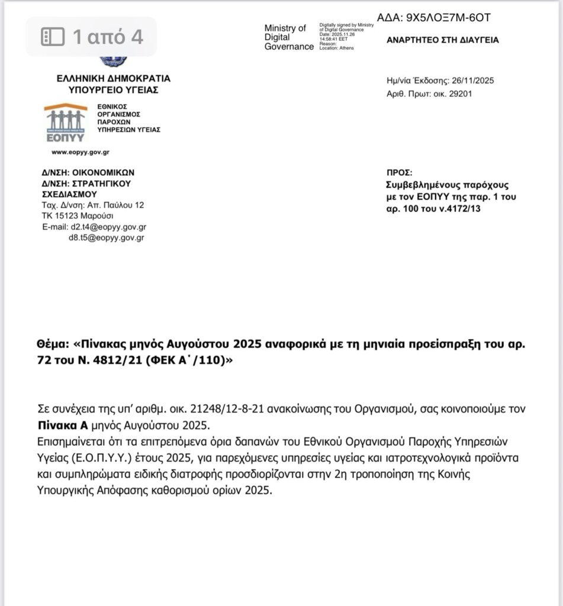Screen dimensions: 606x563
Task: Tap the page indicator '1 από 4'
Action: click(x=92, y=37)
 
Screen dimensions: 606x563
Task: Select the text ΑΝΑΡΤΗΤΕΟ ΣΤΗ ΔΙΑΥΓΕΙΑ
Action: click(x=442, y=40)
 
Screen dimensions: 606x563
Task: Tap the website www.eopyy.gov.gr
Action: click(x=80, y=152)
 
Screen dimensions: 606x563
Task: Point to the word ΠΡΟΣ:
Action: click(x=398, y=172)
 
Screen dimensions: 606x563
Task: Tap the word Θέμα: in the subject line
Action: click(x=52, y=344)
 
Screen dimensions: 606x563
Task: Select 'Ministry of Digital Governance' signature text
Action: click(x=288, y=37)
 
